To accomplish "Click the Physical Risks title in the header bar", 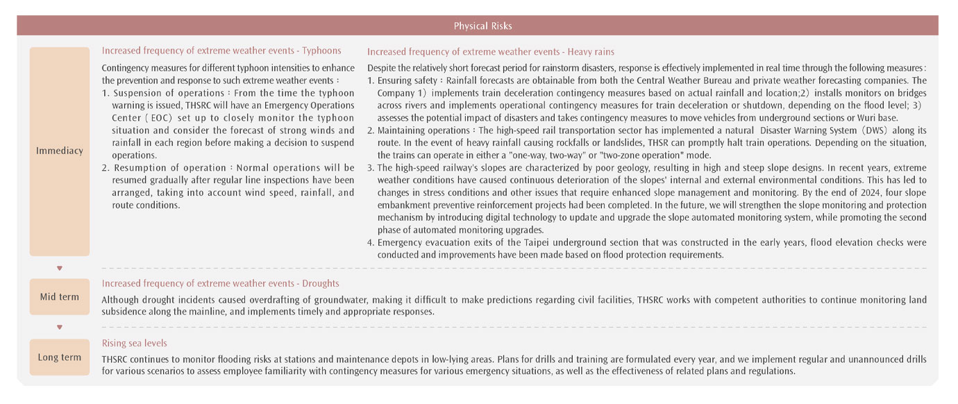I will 482,26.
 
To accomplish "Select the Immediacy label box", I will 60,151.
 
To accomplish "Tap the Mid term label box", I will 60,297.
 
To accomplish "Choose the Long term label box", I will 60,357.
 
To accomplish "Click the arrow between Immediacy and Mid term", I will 60,268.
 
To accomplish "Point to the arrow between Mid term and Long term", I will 60,327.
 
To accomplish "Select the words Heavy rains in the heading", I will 591,51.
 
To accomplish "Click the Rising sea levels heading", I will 134,343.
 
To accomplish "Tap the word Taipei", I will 507,242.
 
